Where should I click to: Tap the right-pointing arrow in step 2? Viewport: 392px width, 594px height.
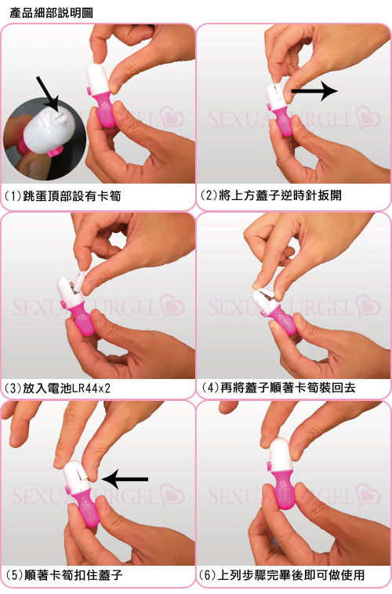click(x=314, y=92)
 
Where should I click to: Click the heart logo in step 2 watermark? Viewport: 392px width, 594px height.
click(x=369, y=117)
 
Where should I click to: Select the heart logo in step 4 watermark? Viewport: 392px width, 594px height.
click(x=369, y=305)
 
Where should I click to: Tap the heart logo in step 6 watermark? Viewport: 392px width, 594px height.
click(x=369, y=494)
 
